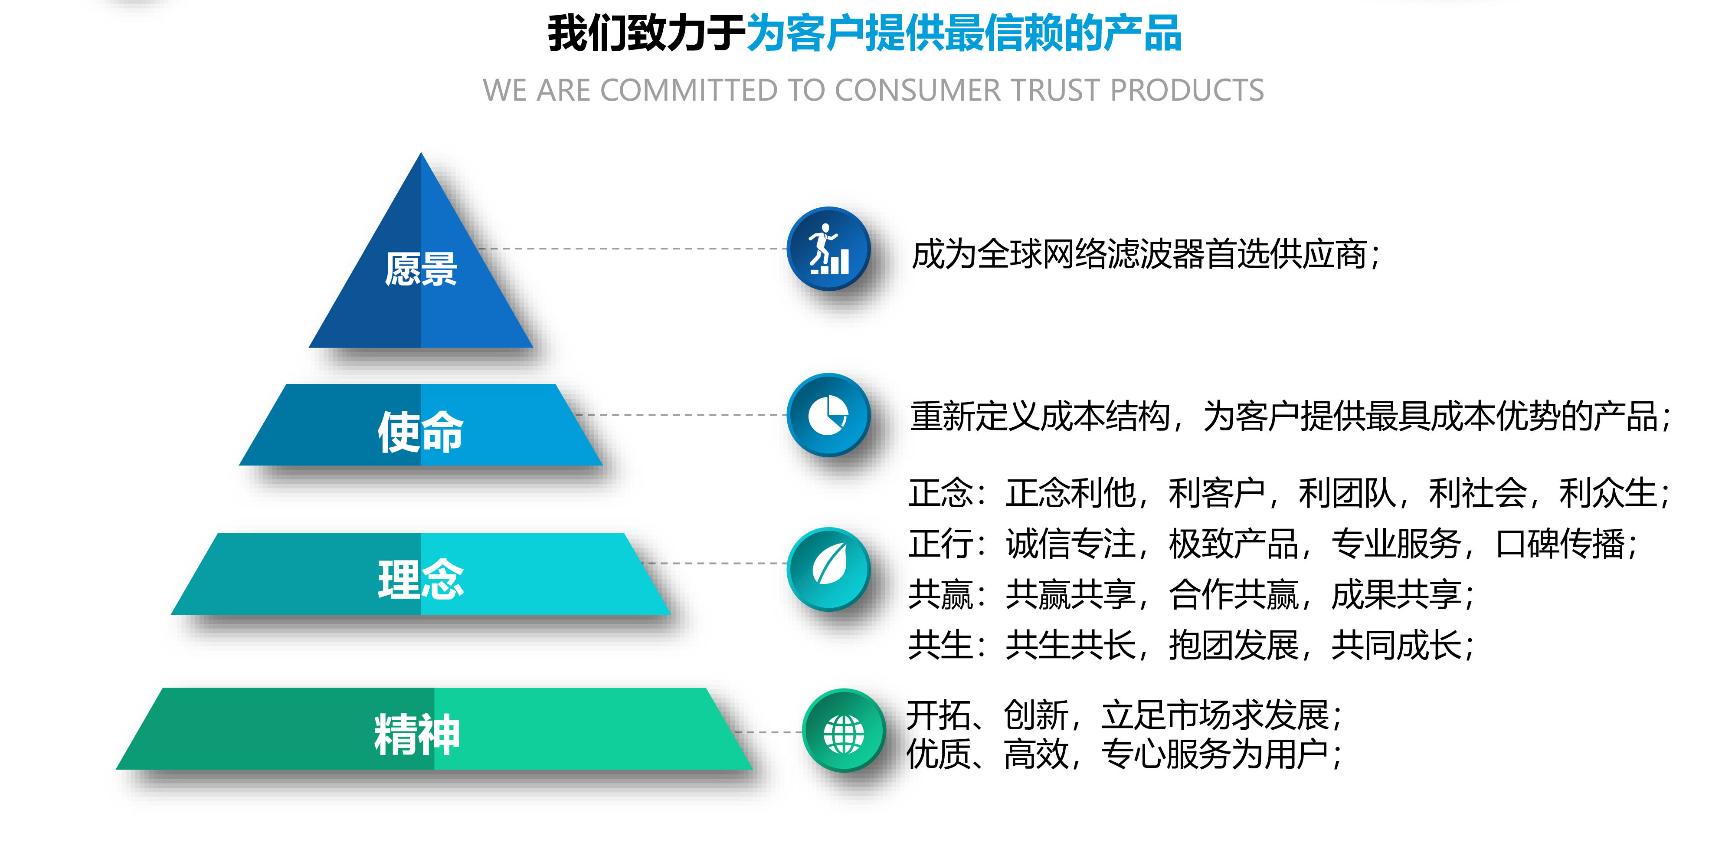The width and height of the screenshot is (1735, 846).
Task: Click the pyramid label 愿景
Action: click(421, 269)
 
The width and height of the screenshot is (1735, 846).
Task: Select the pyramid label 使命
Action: click(420, 432)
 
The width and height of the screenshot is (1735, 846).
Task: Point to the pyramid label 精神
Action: click(417, 734)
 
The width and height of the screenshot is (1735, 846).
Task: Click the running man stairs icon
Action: click(828, 249)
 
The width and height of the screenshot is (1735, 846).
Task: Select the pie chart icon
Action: click(828, 415)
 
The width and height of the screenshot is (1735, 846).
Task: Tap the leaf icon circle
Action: click(828, 569)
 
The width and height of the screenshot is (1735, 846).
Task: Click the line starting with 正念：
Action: click(1288, 492)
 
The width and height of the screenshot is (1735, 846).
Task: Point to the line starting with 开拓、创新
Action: click(1124, 715)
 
